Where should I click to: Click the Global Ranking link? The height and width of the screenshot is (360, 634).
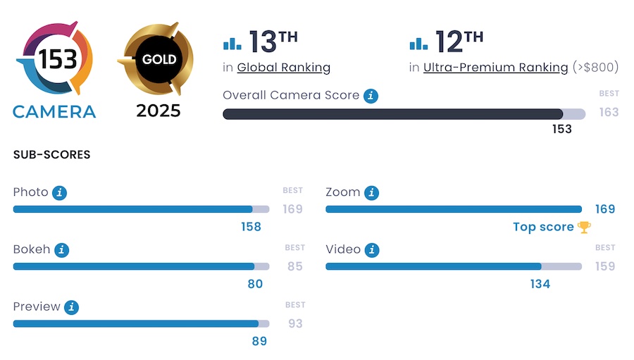284,68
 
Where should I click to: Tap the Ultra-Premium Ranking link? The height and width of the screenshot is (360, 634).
495,68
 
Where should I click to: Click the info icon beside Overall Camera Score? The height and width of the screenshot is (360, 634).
371,96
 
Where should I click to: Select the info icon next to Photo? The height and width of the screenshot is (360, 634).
60,192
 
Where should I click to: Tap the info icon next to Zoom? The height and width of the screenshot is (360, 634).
371,192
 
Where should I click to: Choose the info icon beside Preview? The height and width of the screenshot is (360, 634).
71,307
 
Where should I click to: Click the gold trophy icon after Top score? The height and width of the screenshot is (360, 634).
584,227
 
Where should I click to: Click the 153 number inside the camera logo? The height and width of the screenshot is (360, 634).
58,59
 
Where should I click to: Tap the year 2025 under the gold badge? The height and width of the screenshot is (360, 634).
158,111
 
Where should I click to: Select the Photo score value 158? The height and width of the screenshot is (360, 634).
251,227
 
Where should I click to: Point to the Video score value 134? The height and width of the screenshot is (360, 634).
540,284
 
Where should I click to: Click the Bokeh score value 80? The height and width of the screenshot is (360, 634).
255,284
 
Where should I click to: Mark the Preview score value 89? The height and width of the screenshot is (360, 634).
259,342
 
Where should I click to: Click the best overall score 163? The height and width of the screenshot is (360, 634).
609,112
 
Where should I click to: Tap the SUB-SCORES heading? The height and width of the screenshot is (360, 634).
52,155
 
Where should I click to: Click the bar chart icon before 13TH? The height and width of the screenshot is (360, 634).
232,44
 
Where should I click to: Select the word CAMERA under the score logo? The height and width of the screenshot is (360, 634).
54,111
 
